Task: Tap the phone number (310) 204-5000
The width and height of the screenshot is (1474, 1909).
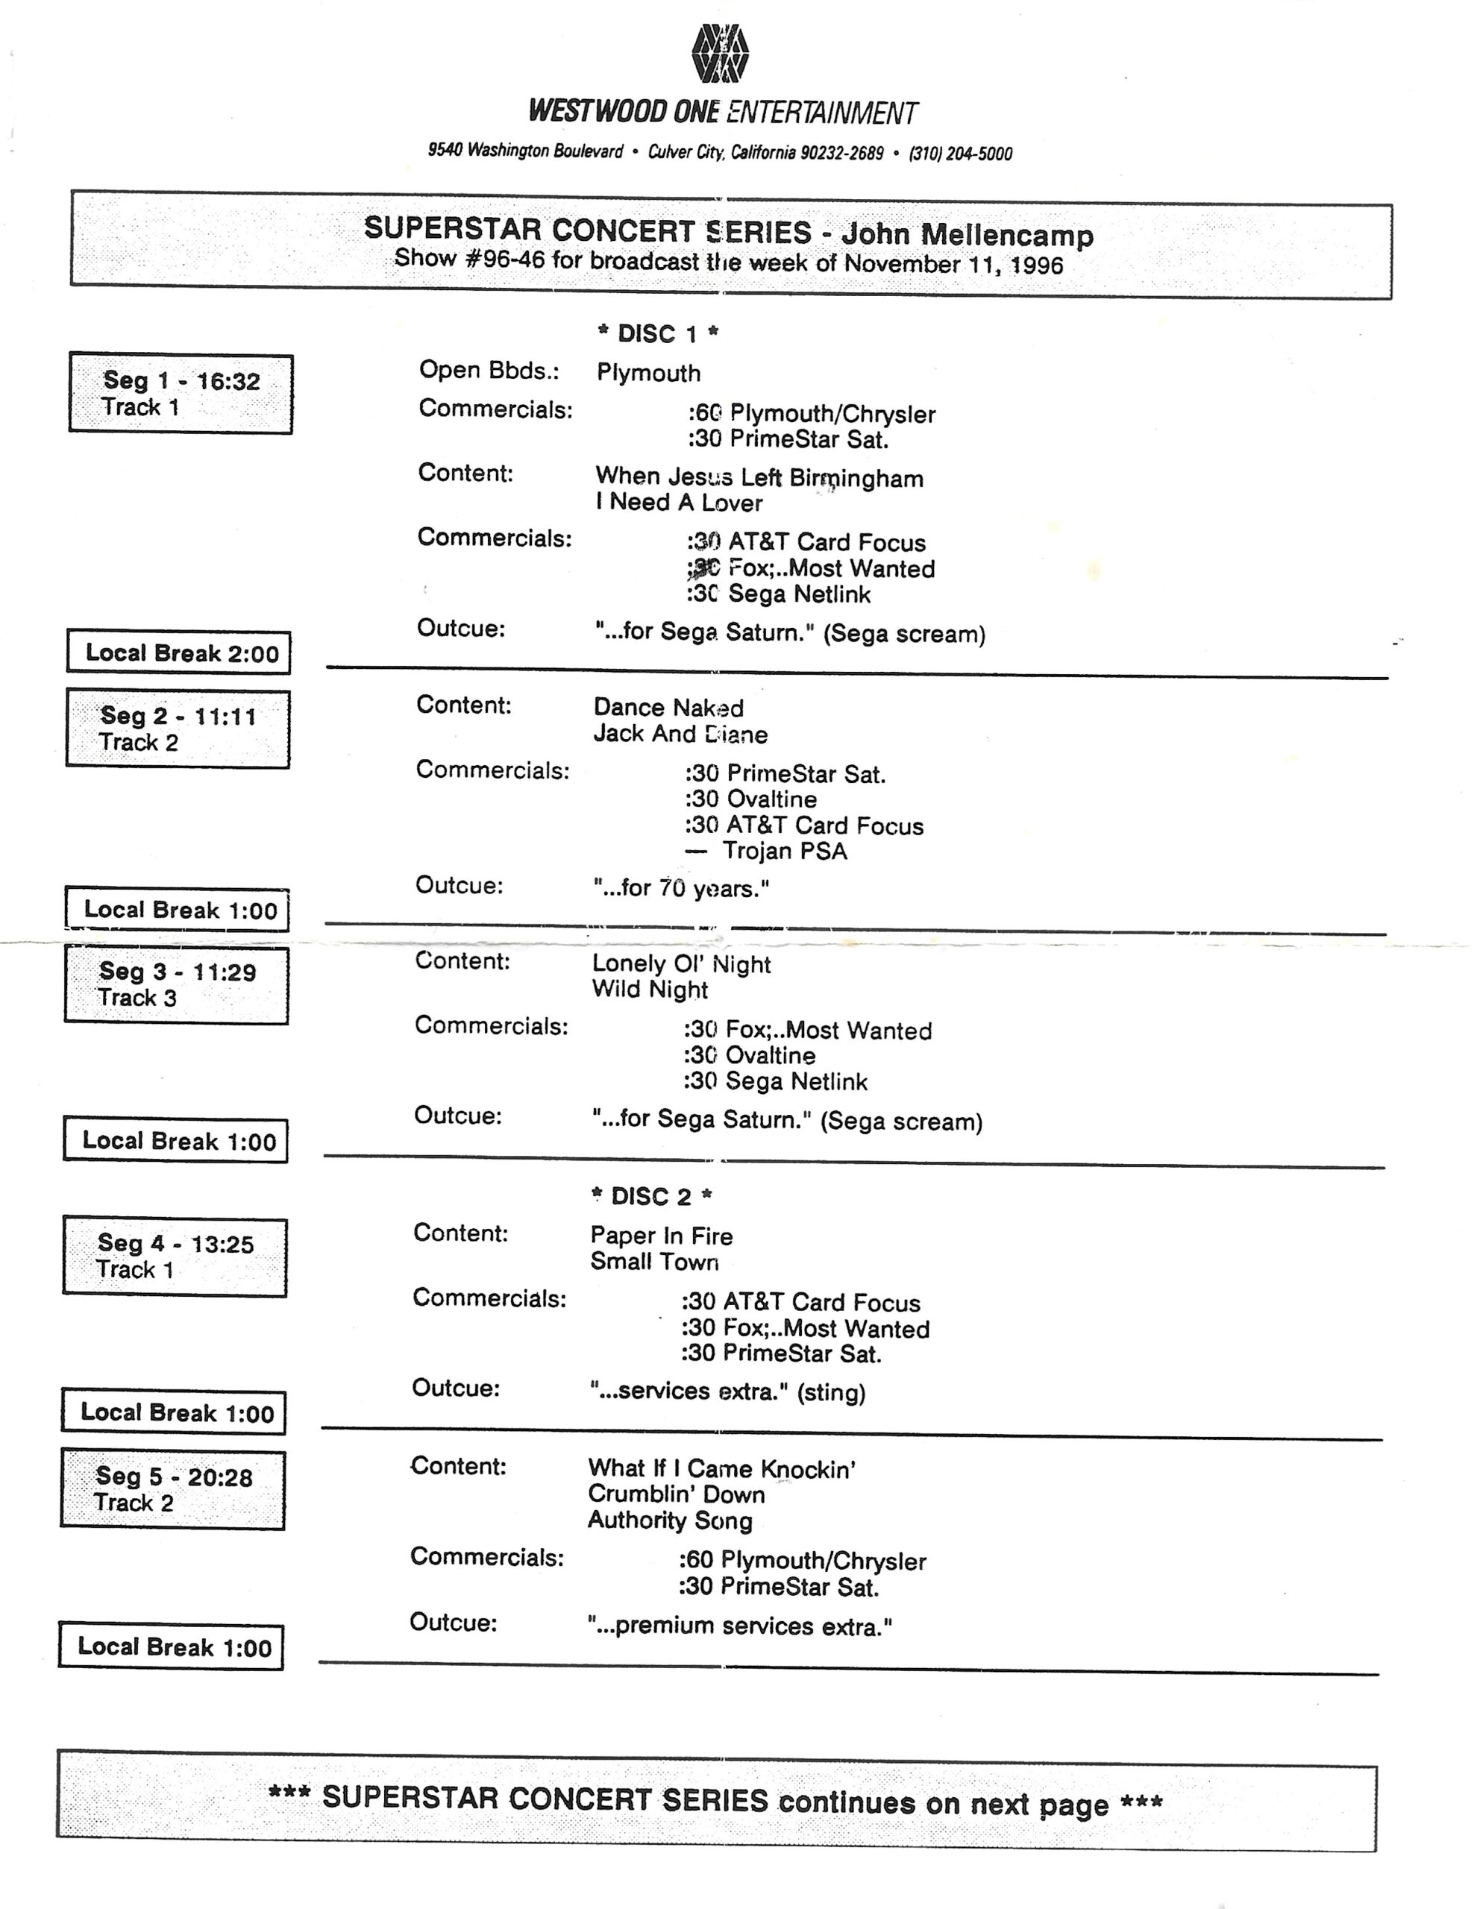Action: [960, 154]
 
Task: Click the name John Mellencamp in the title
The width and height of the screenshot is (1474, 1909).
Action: [967, 235]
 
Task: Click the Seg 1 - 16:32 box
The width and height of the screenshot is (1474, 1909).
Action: [181, 393]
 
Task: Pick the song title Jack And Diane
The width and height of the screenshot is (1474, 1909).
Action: [680, 735]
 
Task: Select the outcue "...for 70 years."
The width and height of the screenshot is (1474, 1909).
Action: [681, 889]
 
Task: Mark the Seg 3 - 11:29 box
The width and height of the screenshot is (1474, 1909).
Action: [177, 984]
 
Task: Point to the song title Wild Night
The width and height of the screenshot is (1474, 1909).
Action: [650, 990]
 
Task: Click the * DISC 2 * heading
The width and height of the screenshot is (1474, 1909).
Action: [651, 1196]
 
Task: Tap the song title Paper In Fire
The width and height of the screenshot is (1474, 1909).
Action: [661, 1236]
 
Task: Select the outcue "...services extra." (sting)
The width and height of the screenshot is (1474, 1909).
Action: [727, 1391]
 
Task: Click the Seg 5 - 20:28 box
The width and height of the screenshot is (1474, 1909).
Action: [173, 1489]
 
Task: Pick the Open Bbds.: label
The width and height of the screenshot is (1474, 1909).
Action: [489, 371]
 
